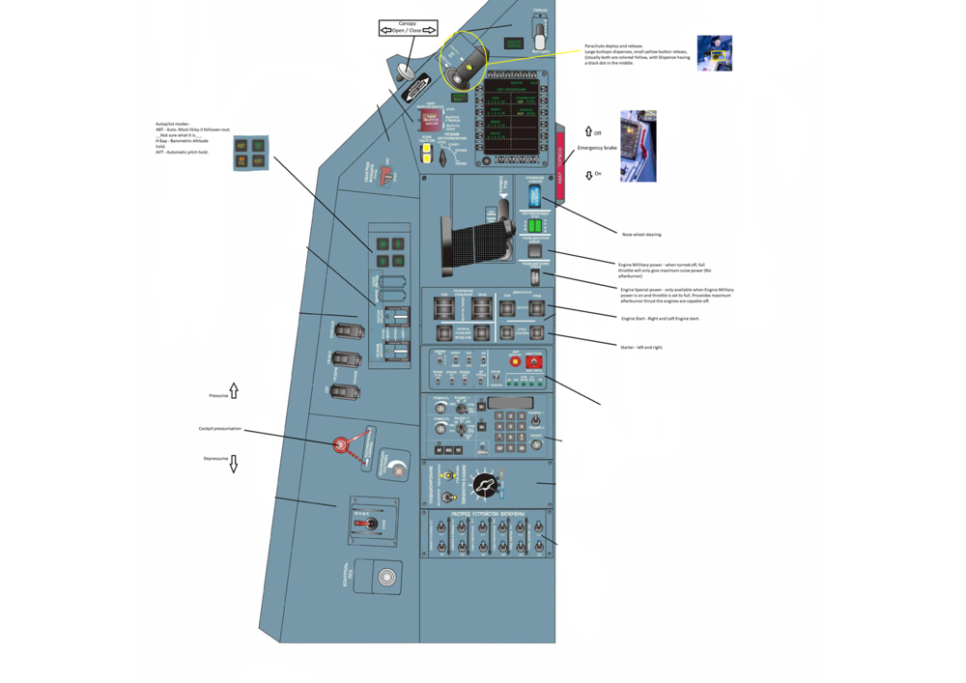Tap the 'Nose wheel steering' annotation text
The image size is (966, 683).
tap(641, 234)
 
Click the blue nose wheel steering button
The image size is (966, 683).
tap(534, 196)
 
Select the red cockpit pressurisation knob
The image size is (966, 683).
tap(340, 444)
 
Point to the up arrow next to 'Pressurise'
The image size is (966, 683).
tap(234, 391)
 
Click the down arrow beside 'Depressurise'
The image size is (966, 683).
tap(234, 464)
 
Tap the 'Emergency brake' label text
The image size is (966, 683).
tap(597, 148)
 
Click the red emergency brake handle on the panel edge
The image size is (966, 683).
tap(559, 164)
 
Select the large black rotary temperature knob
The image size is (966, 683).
tap(485, 485)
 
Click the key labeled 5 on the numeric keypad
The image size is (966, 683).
tap(511, 427)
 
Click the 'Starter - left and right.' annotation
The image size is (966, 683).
tap(641, 347)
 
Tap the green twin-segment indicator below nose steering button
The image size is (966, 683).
tap(534, 226)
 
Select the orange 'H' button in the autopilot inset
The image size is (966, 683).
tap(241, 160)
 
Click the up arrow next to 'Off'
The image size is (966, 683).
tap(587, 131)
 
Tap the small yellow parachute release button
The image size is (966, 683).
tap(469, 68)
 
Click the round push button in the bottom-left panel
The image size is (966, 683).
tap(386, 578)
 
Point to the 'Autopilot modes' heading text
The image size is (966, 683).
tap(173, 124)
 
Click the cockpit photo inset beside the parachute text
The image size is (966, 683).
tap(715, 53)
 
